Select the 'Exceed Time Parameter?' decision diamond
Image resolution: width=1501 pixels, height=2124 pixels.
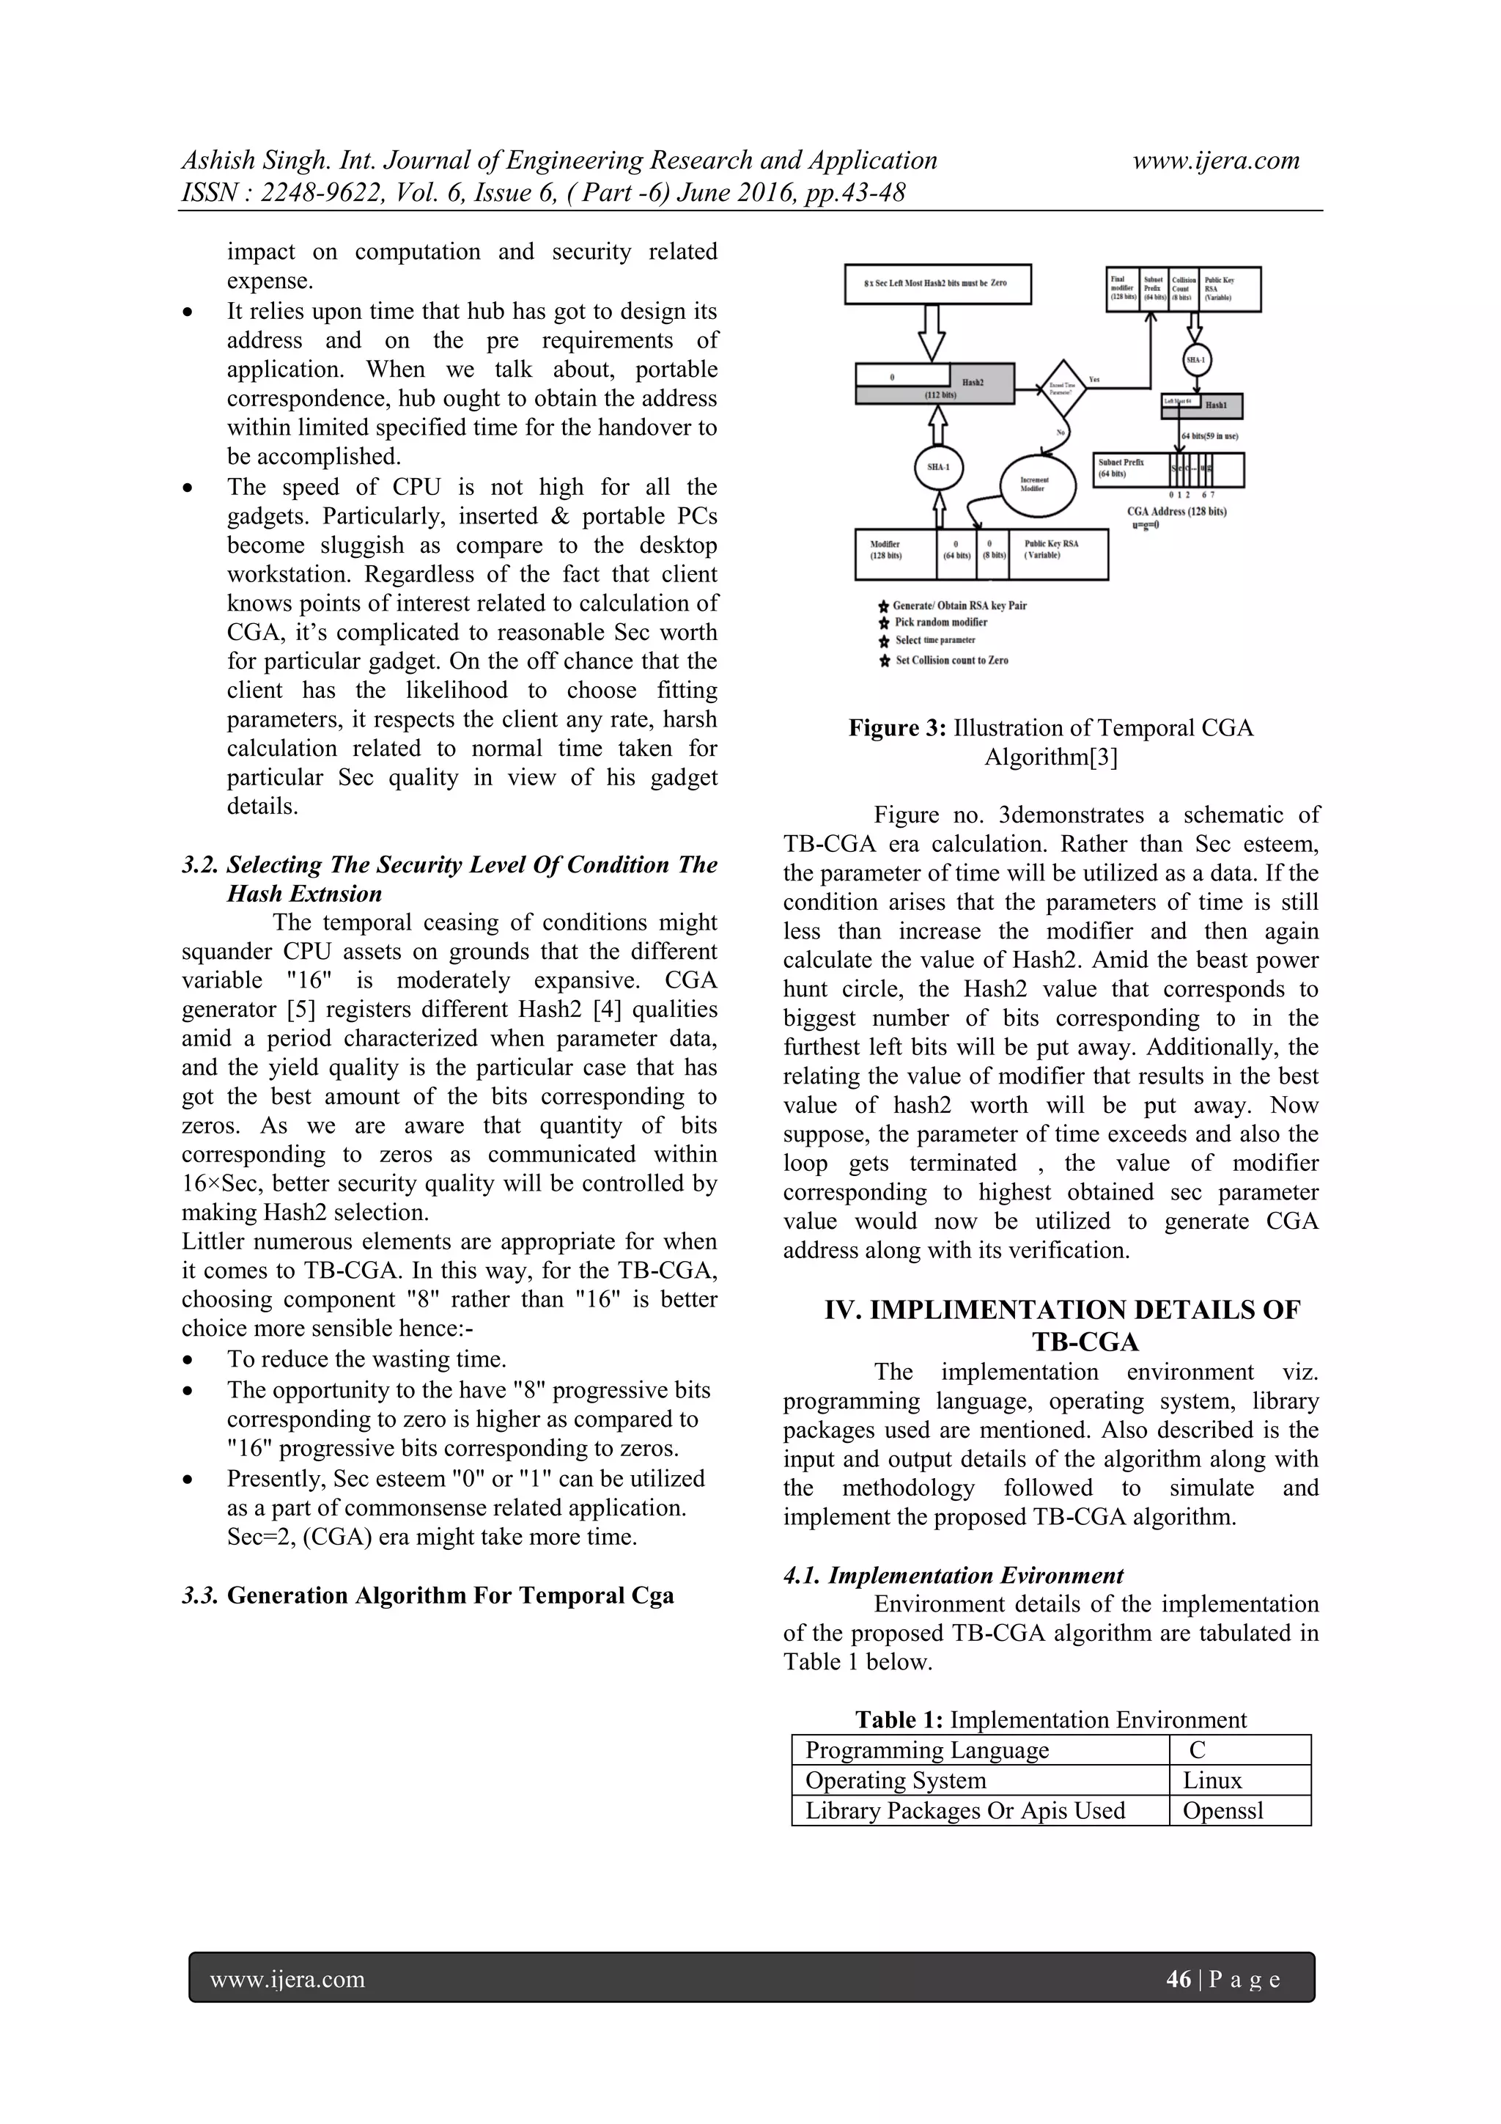tap(1063, 389)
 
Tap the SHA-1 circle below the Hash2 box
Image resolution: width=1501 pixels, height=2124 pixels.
tap(938, 467)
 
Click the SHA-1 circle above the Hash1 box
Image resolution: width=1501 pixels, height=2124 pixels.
tap(1196, 360)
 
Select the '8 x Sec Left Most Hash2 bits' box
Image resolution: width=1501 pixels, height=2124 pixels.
tap(937, 283)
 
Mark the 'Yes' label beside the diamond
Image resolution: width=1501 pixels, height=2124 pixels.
tap(1094, 379)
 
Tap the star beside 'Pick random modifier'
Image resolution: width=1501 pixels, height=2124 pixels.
tap(884, 622)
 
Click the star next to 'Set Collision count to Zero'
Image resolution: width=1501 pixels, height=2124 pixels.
tap(884, 661)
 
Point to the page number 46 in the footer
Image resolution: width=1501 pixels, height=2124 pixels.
tap(1179, 1979)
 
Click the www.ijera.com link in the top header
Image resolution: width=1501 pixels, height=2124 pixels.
tap(1216, 160)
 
